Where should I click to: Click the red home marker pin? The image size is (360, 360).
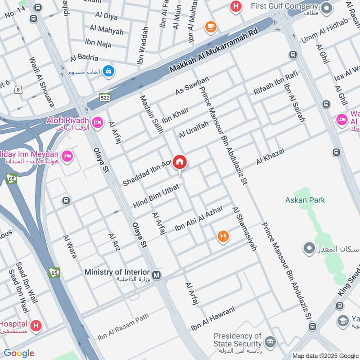pyautogui.click(x=180, y=162)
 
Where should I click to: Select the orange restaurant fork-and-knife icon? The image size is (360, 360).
pyautogui.click(x=223, y=236)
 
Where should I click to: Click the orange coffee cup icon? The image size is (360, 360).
pyautogui.click(x=210, y=27)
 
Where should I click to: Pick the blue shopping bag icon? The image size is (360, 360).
pyautogui.click(x=108, y=71)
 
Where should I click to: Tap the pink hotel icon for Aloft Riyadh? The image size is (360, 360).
pyautogui.click(x=97, y=122)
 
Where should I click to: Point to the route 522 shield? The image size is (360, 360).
pyautogui.click(x=105, y=97)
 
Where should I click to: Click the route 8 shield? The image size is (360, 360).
pyautogui.click(x=18, y=90)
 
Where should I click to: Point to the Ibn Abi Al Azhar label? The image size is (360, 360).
pyautogui.click(x=198, y=219)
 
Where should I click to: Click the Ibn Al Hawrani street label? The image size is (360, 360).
pyautogui.click(x=212, y=319)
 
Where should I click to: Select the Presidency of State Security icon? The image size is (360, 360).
pyautogui.click(x=270, y=342)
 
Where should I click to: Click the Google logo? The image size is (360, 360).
pyautogui.click(x=19, y=353)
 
